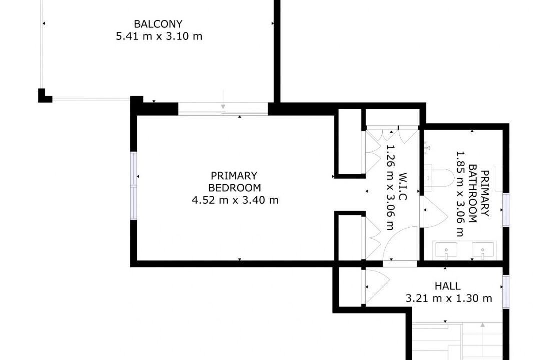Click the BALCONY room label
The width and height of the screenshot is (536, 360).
158,24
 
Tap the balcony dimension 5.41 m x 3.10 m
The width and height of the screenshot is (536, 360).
159,36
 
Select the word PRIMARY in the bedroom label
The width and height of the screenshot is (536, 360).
234,176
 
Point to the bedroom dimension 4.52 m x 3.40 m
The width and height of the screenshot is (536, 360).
235,200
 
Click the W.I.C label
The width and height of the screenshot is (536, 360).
403,186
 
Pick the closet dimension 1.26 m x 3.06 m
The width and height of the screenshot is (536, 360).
390,187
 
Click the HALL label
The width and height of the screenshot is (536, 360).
448,286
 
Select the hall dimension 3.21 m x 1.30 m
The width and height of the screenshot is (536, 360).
449,298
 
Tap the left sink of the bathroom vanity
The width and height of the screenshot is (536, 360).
446,250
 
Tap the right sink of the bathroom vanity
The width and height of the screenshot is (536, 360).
482,250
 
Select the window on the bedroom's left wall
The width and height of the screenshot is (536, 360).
134,185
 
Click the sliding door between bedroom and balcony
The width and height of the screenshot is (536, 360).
223,109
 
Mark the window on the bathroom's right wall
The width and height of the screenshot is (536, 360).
506,210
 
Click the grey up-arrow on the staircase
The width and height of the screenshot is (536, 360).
482,325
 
